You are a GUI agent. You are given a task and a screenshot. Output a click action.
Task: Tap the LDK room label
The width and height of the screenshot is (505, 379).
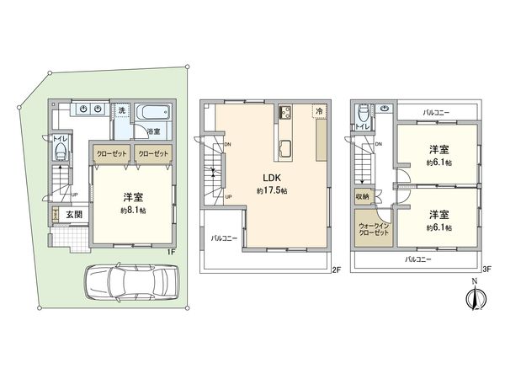point(270,178)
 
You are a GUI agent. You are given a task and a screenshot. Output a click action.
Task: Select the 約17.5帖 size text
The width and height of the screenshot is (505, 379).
point(270,191)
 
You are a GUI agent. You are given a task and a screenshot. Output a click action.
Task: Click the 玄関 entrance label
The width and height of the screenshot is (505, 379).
point(75,214)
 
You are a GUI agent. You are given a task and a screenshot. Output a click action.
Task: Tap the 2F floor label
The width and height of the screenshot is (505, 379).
point(334,269)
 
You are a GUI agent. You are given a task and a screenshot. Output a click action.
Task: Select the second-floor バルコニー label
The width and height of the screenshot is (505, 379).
point(224,238)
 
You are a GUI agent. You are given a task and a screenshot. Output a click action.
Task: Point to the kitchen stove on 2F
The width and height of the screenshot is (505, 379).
point(285,112)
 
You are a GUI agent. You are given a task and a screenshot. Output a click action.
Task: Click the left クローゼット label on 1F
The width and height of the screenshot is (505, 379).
point(109,153)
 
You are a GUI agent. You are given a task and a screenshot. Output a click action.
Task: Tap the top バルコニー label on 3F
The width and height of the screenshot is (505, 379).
point(438,111)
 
